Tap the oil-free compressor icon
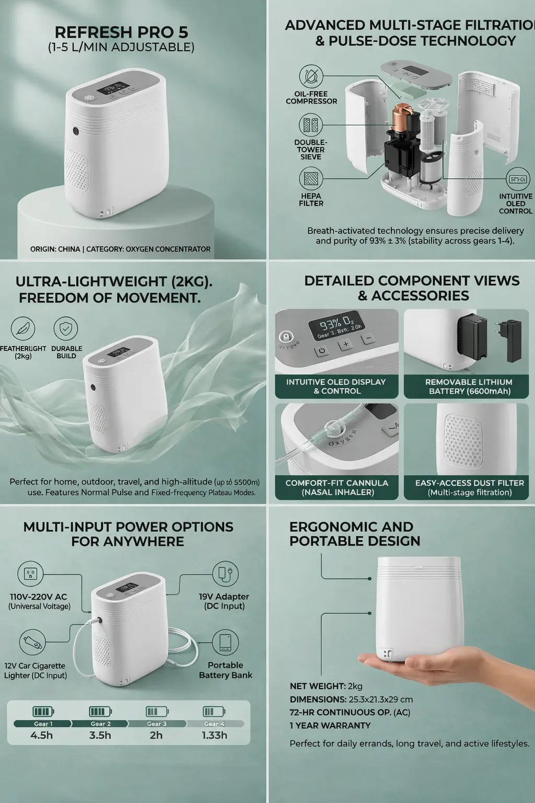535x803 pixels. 311,76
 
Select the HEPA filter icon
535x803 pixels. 311,179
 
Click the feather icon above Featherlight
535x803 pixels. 23,329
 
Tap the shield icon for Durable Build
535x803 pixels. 66,329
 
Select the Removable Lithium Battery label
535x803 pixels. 469,386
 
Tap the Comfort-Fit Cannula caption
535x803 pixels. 336,487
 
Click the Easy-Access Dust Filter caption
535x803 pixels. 469,487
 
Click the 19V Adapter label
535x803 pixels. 223,601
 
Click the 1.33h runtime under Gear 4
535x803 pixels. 214,735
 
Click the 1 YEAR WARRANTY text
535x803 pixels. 330,725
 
